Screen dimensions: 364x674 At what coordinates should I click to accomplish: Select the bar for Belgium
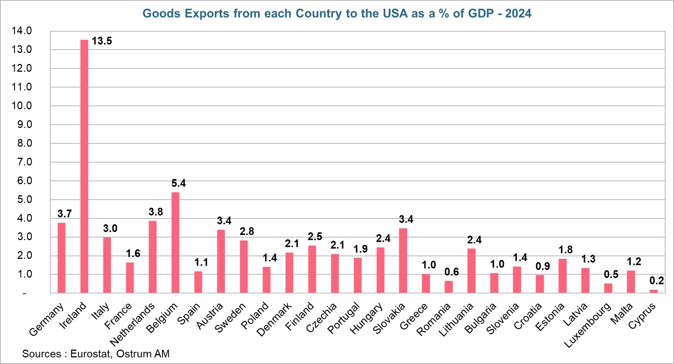pos(175,243)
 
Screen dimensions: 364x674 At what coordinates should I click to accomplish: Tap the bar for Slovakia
pos(403,261)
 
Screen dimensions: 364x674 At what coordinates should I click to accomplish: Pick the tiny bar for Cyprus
pos(654,291)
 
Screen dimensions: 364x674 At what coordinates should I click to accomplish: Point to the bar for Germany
pos(61,258)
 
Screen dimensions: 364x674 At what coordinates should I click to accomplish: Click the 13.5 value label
pos(102,41)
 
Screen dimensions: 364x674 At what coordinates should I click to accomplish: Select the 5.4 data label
pos(179,183)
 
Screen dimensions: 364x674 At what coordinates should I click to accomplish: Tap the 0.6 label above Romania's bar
pos(452,272)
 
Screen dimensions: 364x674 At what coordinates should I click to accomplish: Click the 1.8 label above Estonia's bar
pos(566,250)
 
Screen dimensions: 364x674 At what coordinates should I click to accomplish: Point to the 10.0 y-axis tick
pos(22,106)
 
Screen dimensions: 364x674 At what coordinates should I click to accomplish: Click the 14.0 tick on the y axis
pos(22,31)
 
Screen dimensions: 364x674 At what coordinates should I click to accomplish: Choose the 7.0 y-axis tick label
pos(24,162)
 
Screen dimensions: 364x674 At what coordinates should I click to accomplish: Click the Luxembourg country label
pos(588,325)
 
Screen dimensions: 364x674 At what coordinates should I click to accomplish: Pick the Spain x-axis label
pos(189,313)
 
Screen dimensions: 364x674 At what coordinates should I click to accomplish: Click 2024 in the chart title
pos(518,14)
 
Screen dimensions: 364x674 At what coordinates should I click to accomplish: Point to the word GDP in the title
pos(481,14)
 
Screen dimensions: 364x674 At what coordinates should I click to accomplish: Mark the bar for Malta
pos(631,282)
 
